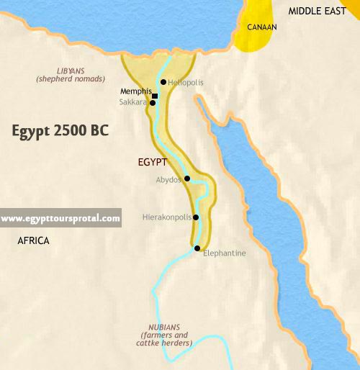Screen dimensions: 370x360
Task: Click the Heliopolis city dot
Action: pos(164,82)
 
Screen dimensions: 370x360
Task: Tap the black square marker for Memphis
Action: pos(155,95)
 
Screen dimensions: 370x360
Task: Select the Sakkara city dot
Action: pos(153,103)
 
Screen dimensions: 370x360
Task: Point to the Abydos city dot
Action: pos(187,179)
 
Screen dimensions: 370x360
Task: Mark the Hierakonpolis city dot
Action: pos(196,217)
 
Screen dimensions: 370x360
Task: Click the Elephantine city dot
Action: pos(197,248)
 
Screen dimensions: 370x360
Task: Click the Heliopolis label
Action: pos(186,83)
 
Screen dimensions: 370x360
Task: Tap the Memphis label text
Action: pos(135,92)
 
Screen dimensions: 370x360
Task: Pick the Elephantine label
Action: pos(225,253)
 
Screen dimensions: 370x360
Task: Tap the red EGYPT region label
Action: pos(152,162)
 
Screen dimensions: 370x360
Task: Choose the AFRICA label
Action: pos(33,240)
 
